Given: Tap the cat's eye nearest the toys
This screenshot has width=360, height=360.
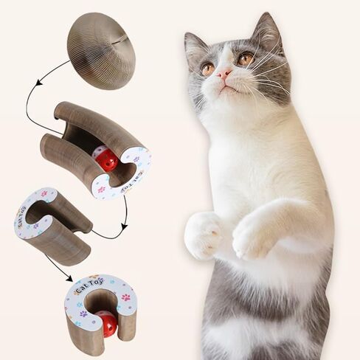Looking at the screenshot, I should pos(209,68).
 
